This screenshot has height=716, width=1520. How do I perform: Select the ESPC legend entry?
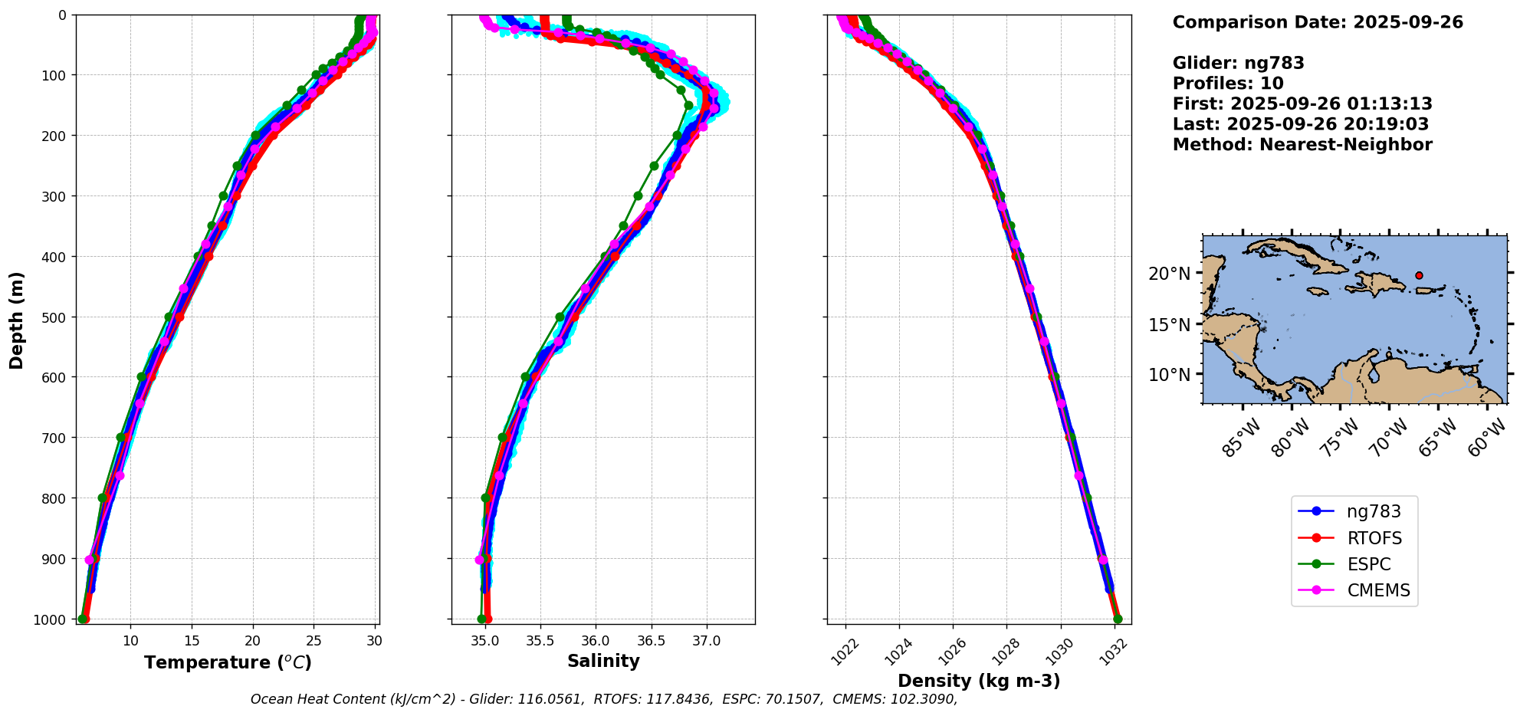point(1368,564)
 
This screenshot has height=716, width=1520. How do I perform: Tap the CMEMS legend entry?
point(1377,590)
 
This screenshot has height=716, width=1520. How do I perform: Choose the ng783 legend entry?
point(1373,511)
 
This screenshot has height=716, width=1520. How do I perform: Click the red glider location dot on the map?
point(1419,275)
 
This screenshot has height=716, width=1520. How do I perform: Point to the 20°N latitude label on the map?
point(1170,274)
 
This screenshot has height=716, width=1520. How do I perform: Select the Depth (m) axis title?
point(17,320)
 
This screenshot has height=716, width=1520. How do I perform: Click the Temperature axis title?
point(228,662)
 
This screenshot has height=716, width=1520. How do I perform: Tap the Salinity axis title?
point(603,661)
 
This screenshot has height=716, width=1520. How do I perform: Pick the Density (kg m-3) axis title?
point(979,681)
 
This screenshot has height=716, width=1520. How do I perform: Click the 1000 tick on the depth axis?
point(54,619)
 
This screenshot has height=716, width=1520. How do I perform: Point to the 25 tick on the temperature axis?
point(314,641)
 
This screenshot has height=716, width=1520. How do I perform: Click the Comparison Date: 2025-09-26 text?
point(1318,22)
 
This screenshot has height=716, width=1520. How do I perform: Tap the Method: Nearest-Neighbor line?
point(1302,144)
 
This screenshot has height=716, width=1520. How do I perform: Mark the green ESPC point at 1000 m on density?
point(1118,619)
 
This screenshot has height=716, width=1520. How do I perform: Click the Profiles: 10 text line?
point(1228,84)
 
